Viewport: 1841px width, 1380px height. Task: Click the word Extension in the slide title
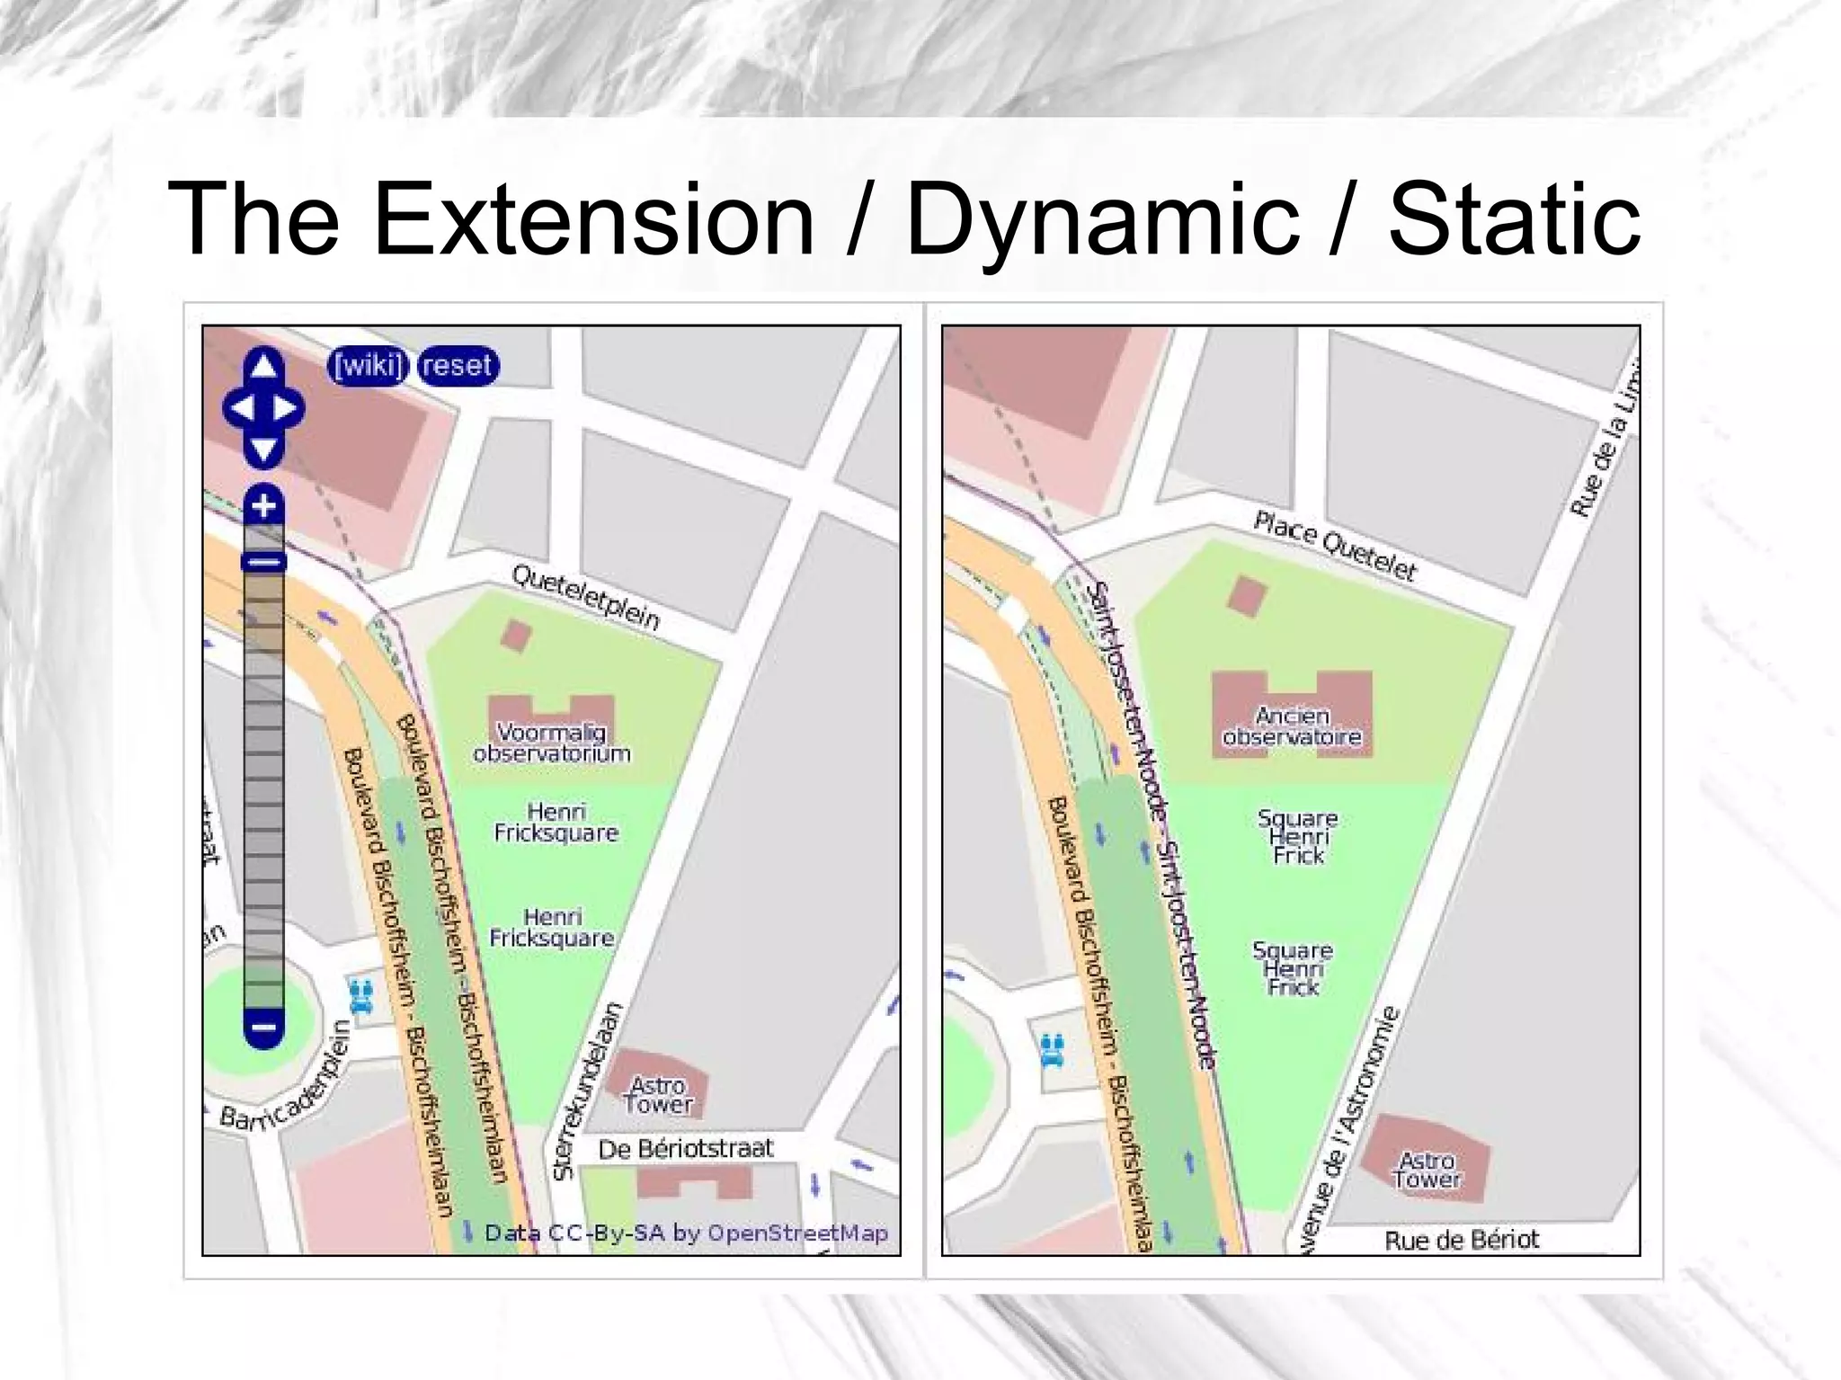click(593, 219)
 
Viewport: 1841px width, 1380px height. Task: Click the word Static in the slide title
click(1514, 219)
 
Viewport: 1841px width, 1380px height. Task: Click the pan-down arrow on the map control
click(263, 450)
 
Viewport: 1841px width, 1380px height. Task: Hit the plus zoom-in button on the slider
click(263, 506)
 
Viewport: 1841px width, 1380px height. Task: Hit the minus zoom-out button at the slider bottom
click(263, 1027)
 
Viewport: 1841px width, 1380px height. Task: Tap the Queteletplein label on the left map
click(586, 598)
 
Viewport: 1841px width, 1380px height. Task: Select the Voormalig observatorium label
click(551, 743)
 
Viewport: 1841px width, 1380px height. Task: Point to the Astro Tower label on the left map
click(659, 1095)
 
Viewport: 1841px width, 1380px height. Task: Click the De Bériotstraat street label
click(686, 1149)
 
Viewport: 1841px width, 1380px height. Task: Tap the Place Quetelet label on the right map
click(1335, 546)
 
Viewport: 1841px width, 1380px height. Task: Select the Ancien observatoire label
click(1292, 726)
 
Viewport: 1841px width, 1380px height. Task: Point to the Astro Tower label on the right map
click(1427, 1170)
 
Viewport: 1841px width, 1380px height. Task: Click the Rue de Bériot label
click(1462, 1241)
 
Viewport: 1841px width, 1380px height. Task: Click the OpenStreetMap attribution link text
click(797, 1233)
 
